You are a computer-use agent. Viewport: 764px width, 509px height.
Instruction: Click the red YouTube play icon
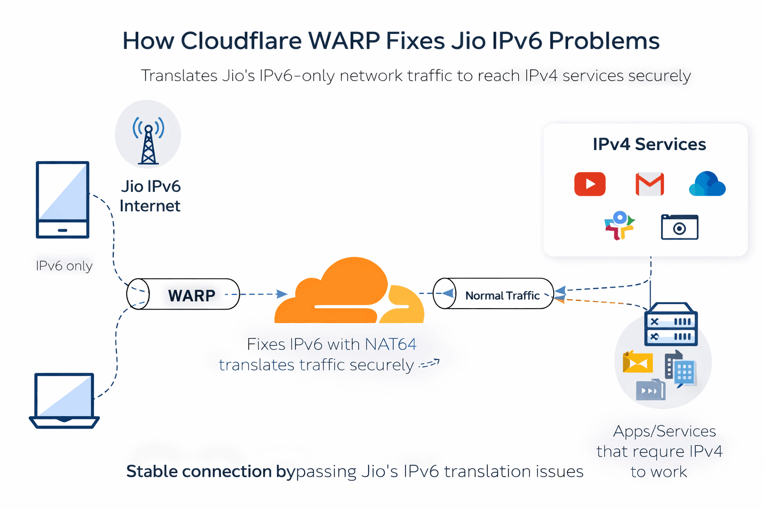(x=589, y=184)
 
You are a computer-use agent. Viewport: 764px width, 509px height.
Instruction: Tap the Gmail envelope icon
(x=650, y=184)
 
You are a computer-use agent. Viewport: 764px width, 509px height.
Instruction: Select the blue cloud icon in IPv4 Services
(x=707, y=184)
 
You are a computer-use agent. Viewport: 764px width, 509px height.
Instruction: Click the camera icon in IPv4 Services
(x=679, y=227)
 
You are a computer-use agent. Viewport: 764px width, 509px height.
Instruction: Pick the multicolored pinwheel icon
(x=619, y=226)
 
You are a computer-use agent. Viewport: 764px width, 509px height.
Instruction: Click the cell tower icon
(x=148, y=141)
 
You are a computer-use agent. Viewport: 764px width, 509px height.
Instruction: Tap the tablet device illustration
(x=62, y=199)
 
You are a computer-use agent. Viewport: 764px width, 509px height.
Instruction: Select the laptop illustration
(x=64, y=401)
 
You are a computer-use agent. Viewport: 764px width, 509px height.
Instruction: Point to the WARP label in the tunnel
(x=191, y=296)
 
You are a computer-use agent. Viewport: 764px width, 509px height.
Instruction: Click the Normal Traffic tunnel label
(x=502, y=296)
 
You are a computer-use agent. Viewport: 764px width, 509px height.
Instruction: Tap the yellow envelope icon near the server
(x=637, y=362)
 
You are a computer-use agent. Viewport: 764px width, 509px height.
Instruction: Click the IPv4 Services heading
(x=649, y=144)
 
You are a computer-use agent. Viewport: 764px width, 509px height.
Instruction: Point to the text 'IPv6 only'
(x=64, y=266)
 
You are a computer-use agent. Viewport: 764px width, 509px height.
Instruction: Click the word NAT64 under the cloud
(x=390, y=344)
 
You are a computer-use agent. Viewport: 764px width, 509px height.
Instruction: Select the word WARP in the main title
(x=344, y=41)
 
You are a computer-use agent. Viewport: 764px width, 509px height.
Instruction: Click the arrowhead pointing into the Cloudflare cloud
(x=282, y=294)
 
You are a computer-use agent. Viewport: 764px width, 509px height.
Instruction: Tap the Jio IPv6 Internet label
(x=150, y=196)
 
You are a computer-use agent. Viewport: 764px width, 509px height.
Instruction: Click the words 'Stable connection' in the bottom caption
(x=199, y=471)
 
